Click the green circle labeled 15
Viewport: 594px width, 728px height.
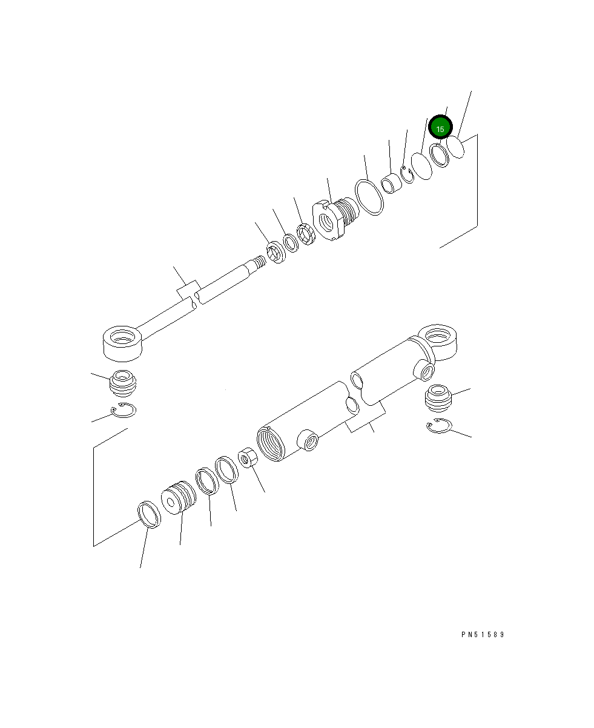tap(440, 128)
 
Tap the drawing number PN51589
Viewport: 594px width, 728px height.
tap(482, 635)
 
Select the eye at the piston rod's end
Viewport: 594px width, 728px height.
tap(123, 342)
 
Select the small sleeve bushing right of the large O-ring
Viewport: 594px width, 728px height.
tap(391, 183)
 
